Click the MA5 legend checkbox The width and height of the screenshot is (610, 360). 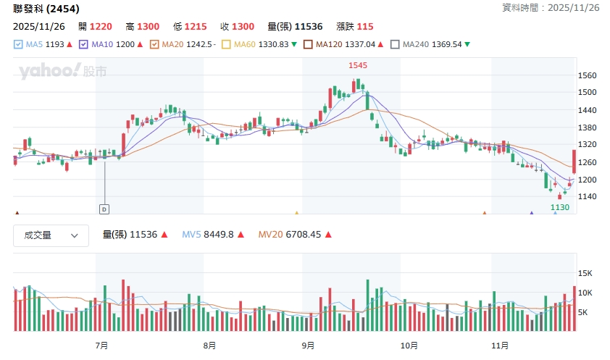(x=18, y=44)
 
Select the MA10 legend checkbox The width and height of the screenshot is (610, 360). (x=84, y=44)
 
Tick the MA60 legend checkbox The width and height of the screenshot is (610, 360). (x=227, y=44)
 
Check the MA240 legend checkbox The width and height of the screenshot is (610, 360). (x=395, y=44)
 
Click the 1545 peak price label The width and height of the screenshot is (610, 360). (x=358, y=65)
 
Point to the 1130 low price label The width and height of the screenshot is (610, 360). (x=560, y=207)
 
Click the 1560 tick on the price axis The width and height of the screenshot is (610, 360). (x=588, y=75)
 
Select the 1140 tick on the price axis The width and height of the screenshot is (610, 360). (x=588, y=197)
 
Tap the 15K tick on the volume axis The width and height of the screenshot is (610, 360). (x=586, y=273)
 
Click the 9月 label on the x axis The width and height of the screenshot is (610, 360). (x=308, y=345)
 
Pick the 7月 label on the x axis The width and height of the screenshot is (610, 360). (x=101, y=345)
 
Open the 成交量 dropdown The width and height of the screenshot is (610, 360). (x=51, y=235)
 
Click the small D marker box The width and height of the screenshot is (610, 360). (x=104, y=209)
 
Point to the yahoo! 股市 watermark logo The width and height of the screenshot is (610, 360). (x=63, y=71)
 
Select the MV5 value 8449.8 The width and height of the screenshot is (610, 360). (x=218, y=235)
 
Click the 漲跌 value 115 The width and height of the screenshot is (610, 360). (x=365, y=26)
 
